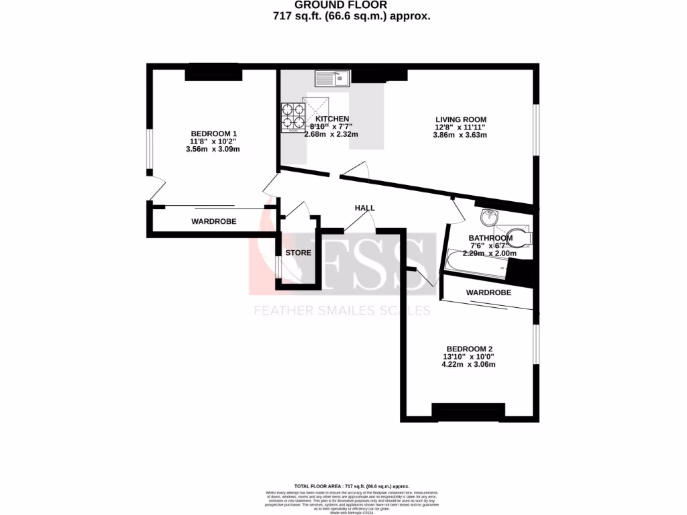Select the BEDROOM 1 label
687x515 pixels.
pyautogui.click(x=213, y=133)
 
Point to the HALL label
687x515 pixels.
pyautogui.click(x=364, y=209)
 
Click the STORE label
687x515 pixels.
pyautogui.click(x=298, y=253)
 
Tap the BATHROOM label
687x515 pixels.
pyautogui.click(x=490, y=238)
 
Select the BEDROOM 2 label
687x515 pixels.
pyautogui.click(x=470, y=349)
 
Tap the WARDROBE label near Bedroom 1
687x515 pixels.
pyautogui.click(x=213, y=221)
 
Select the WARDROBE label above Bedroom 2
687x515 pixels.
pyautogui.click(x=488, y=293)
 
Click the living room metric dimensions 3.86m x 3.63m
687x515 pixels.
pyautogui.click(x=460, y=135)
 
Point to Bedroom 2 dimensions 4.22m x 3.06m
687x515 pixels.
pyautogui.click(x=470, y=365)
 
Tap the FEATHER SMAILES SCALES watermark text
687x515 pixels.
pyautogui.click(x=341, y=310)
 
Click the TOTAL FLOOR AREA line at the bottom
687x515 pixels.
pyautogui.click(x=352, y=486)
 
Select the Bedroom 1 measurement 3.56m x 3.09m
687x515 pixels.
pyautogui.click(x=213, y=149)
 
